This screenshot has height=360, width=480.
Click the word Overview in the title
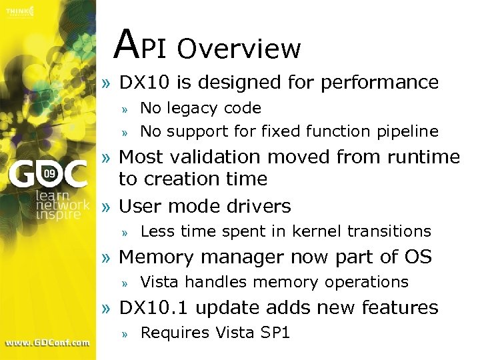[239, 49]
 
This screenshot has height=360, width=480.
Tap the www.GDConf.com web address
[47, 343]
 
